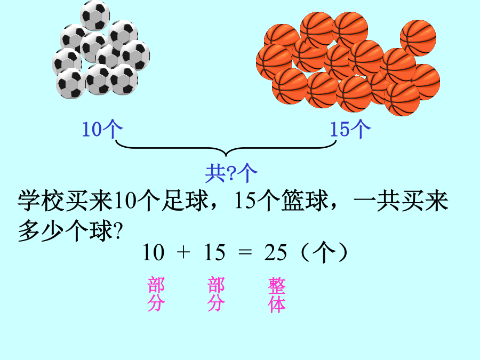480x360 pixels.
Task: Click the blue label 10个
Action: coord(102,129)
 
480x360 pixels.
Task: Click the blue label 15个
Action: coord(350,129)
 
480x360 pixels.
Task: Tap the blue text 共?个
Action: coord(231,173)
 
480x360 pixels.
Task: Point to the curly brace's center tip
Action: coord(226,156)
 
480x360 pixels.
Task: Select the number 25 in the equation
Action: coord(276,253)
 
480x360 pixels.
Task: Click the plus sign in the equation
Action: coord(183,253)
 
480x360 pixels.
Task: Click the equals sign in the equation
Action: coord(245,253)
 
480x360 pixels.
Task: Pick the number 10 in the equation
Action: coord(154,253)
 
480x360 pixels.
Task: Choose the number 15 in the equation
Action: coord(215,253)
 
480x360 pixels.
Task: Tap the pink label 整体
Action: coord(277,295)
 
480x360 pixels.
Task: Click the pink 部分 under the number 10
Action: coord(156,294)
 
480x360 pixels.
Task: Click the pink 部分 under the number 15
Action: coord(216,294)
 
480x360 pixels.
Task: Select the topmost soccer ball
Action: coord(95,15)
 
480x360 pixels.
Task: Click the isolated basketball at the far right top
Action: coord(418,38)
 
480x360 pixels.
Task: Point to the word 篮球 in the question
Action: coord(305,201)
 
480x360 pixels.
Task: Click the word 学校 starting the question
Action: coord(41,201)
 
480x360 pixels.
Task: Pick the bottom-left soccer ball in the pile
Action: coord(71,84)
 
